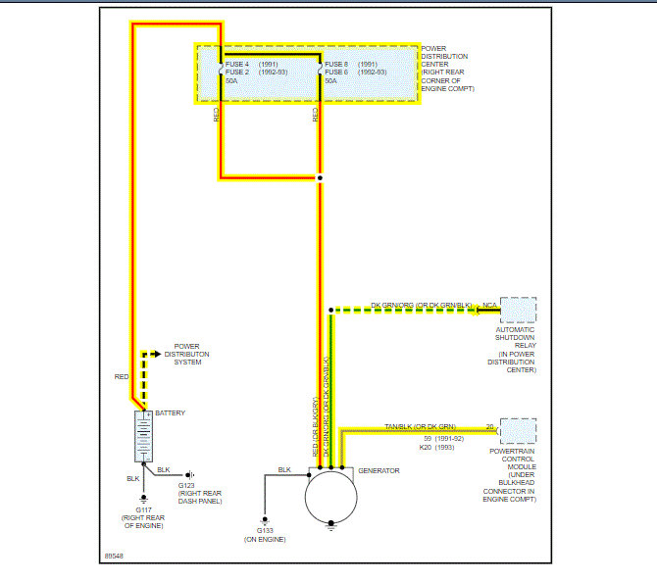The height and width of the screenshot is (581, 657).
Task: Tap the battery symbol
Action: pos(143,435)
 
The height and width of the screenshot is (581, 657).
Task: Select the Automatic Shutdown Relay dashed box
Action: pos(519,311)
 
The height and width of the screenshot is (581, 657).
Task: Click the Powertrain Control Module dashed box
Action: pos(519,431)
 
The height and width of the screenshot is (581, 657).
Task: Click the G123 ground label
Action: pos(186,484)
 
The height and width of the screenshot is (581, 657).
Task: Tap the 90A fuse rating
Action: pos(331,80)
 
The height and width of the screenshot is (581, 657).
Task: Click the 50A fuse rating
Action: pos(232,80)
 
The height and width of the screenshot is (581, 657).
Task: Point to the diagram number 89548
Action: pos(115,557)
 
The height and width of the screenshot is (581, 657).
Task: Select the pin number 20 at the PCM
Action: pos(489,426)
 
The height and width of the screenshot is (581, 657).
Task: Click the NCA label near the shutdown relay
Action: pos(489,306)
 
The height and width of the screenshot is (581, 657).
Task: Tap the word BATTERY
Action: pos(171,412)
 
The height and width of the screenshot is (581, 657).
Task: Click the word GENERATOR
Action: pos(379,471)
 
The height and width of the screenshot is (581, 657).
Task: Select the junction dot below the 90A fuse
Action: pos(320,178)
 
